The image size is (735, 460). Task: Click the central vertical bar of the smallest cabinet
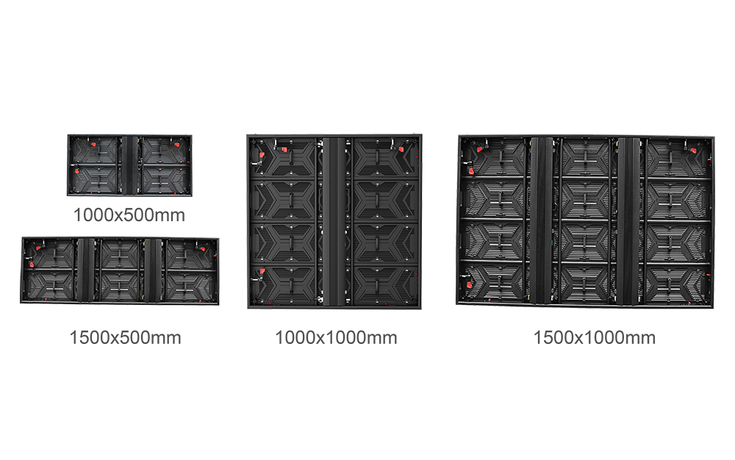coord(129,164)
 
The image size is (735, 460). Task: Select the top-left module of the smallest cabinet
coord(96,150)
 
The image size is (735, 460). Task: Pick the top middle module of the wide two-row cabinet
coord(120,254)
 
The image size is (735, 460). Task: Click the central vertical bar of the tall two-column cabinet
coord(334,220)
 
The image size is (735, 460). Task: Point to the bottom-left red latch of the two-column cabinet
coord(259,277)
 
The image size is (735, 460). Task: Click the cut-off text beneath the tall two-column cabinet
coord(335,332)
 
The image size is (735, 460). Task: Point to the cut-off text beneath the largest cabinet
coord(586,333)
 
